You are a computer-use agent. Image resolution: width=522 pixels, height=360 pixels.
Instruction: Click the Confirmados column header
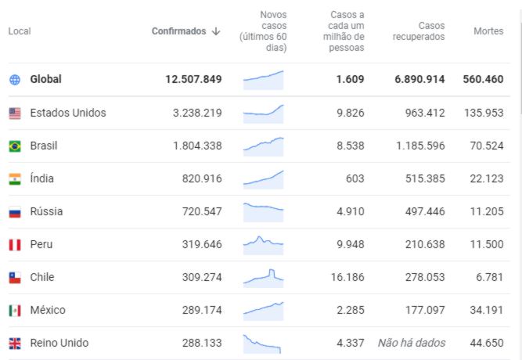(x=178, y=31)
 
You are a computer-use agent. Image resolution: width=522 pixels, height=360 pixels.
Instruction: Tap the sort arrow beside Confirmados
(x=216, y=31)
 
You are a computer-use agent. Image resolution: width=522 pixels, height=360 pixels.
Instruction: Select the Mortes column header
(x=488, y=31)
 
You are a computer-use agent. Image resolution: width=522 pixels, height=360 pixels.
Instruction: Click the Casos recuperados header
(x=419, y=31)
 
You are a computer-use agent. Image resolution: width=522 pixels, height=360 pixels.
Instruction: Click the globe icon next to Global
(x=15, y=80)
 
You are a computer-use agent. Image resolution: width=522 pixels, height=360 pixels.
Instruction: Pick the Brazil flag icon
(x=15, y=146)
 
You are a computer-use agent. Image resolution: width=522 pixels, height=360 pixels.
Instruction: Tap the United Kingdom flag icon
(x=15, y=343)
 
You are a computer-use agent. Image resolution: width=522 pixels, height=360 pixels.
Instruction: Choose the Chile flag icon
(x=15, y=277)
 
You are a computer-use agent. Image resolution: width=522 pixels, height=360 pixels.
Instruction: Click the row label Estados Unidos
(x=68, y=113)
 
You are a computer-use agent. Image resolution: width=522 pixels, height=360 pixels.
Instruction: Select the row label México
(x=48, y=310)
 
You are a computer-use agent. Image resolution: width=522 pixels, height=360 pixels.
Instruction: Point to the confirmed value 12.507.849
(x=193, y=80)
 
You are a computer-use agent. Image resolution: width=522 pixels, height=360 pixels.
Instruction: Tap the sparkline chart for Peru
(x=263, y=243)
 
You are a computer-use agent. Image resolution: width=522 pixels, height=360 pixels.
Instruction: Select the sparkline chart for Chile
(x=263, y=276)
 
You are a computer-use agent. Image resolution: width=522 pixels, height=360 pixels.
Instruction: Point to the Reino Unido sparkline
(x=263, y=343)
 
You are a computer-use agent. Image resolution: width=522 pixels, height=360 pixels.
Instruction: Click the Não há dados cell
(x=412, y=343)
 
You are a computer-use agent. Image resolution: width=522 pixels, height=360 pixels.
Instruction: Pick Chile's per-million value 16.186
(x=344, y=277)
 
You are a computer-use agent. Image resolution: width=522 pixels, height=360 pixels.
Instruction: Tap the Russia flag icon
(x=15, y=211)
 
